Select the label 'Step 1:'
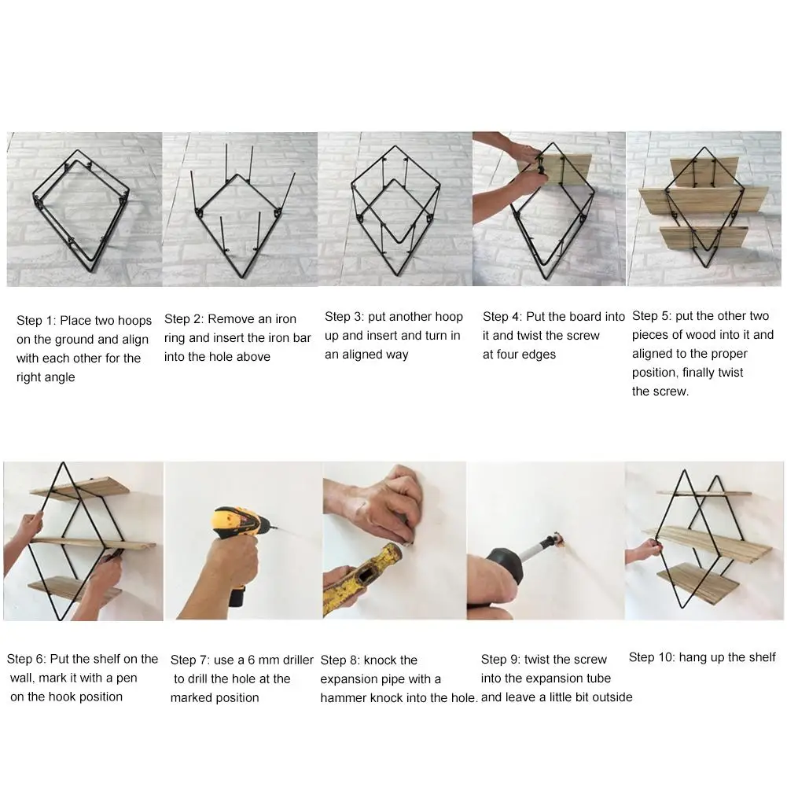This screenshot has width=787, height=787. (36, 321)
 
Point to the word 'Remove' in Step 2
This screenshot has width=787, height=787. (231, 319)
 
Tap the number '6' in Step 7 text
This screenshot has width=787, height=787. (251, 660)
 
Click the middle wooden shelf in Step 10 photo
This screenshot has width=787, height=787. (708, 544)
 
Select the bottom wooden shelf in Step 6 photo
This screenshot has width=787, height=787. (75, 590)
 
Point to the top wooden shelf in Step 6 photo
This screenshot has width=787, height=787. (80, 487)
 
